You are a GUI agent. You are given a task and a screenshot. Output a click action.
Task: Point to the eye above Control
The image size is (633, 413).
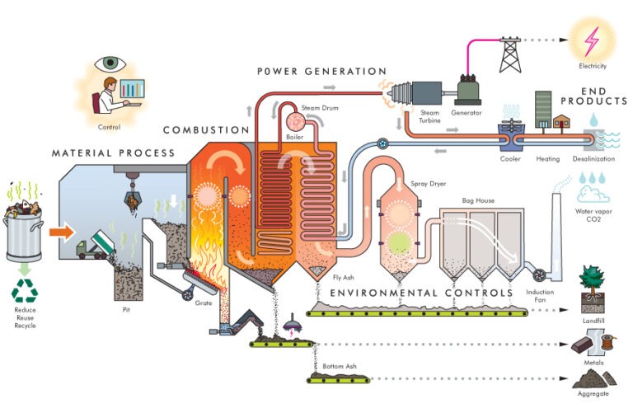tap(110, 63)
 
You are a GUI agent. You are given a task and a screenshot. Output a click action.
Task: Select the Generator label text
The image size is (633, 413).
tap(467, 112)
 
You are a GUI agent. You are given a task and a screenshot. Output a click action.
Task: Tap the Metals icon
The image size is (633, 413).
tap(593, 340)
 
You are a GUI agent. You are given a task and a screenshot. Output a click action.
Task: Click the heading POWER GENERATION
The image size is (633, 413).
tap(322, 72)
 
